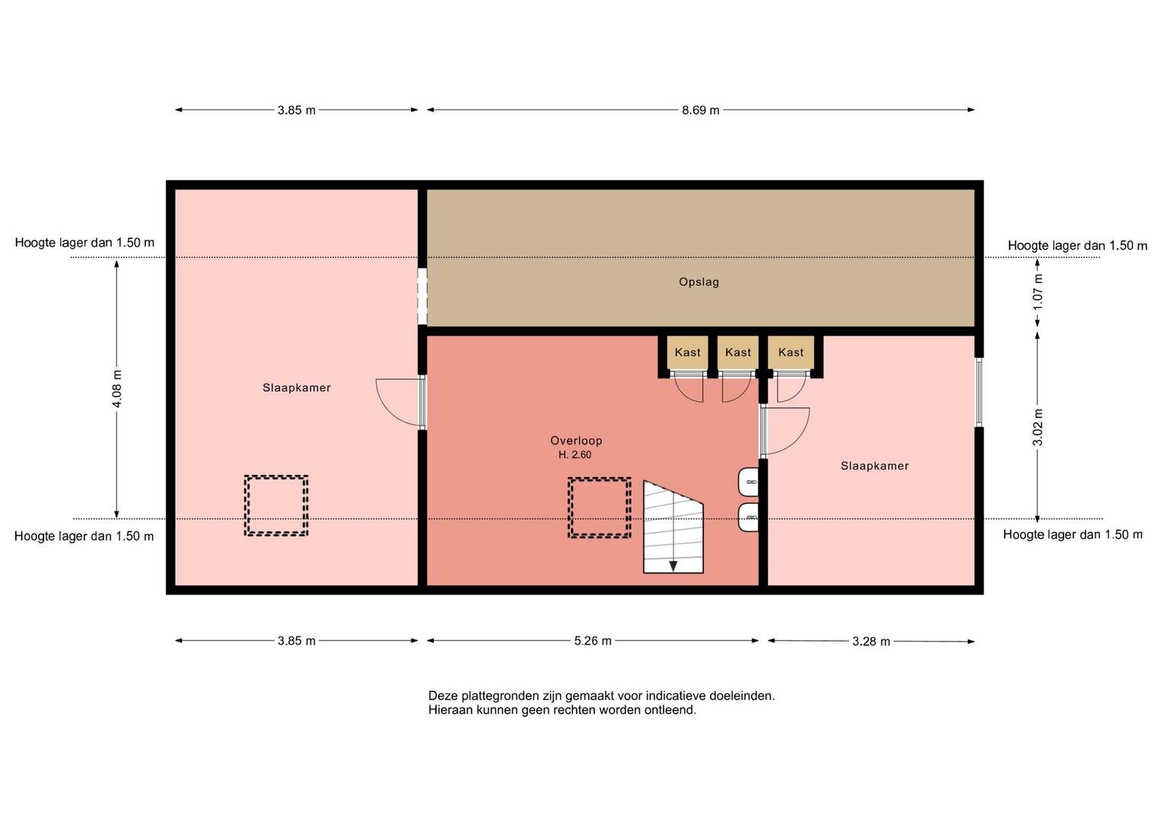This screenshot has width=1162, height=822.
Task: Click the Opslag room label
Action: point(699,282)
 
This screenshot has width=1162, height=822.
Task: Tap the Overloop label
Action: point(576,441)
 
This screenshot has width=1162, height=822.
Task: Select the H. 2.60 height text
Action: point(575,455)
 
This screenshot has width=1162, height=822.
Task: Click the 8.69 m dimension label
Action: point(700,110)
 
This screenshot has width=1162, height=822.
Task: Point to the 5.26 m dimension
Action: point(592,641)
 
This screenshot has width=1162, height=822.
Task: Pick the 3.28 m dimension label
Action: point(871,642)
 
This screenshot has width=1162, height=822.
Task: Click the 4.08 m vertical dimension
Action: point(116,389)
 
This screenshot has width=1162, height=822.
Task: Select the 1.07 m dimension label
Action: point(1037,292)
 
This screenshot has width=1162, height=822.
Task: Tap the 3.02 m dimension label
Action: point(1037,426)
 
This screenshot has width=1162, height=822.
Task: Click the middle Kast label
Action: point(738,352)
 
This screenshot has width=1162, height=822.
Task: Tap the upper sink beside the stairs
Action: point(748,482)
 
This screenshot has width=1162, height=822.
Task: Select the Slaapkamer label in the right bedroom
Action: point(874,466)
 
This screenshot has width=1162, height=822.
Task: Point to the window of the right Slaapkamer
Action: point(979,392)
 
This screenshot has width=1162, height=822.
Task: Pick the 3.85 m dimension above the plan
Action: point(296,110)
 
